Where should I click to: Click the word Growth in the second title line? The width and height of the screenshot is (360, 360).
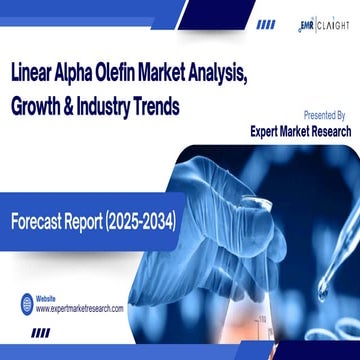(x=39, y=104)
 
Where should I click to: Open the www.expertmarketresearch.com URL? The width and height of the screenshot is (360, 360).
(x=80, y=310)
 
